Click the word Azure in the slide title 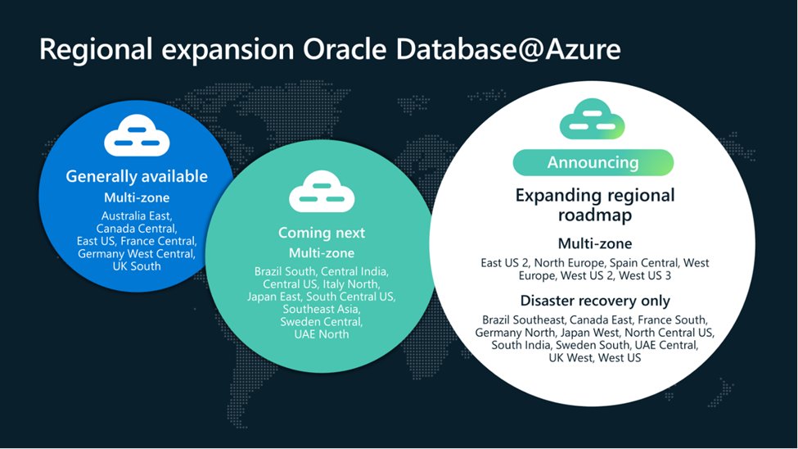click(x=579, y=49)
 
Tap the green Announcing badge click(x=593, y=162)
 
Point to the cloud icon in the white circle click(x=592, y=120)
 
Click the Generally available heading click(x=137, y=176)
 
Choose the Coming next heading click(x=322, y=234)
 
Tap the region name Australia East click(x=130, y=215)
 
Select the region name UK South click(x=137, y=266)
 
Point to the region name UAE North click(x=322, y=334)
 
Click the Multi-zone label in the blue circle click(x=137, y=197)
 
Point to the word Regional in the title click(x=92, y=49)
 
